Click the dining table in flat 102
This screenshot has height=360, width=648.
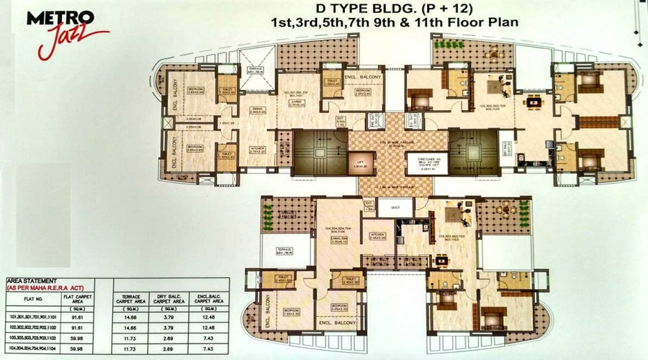534,102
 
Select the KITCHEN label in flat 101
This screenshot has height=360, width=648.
258,150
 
